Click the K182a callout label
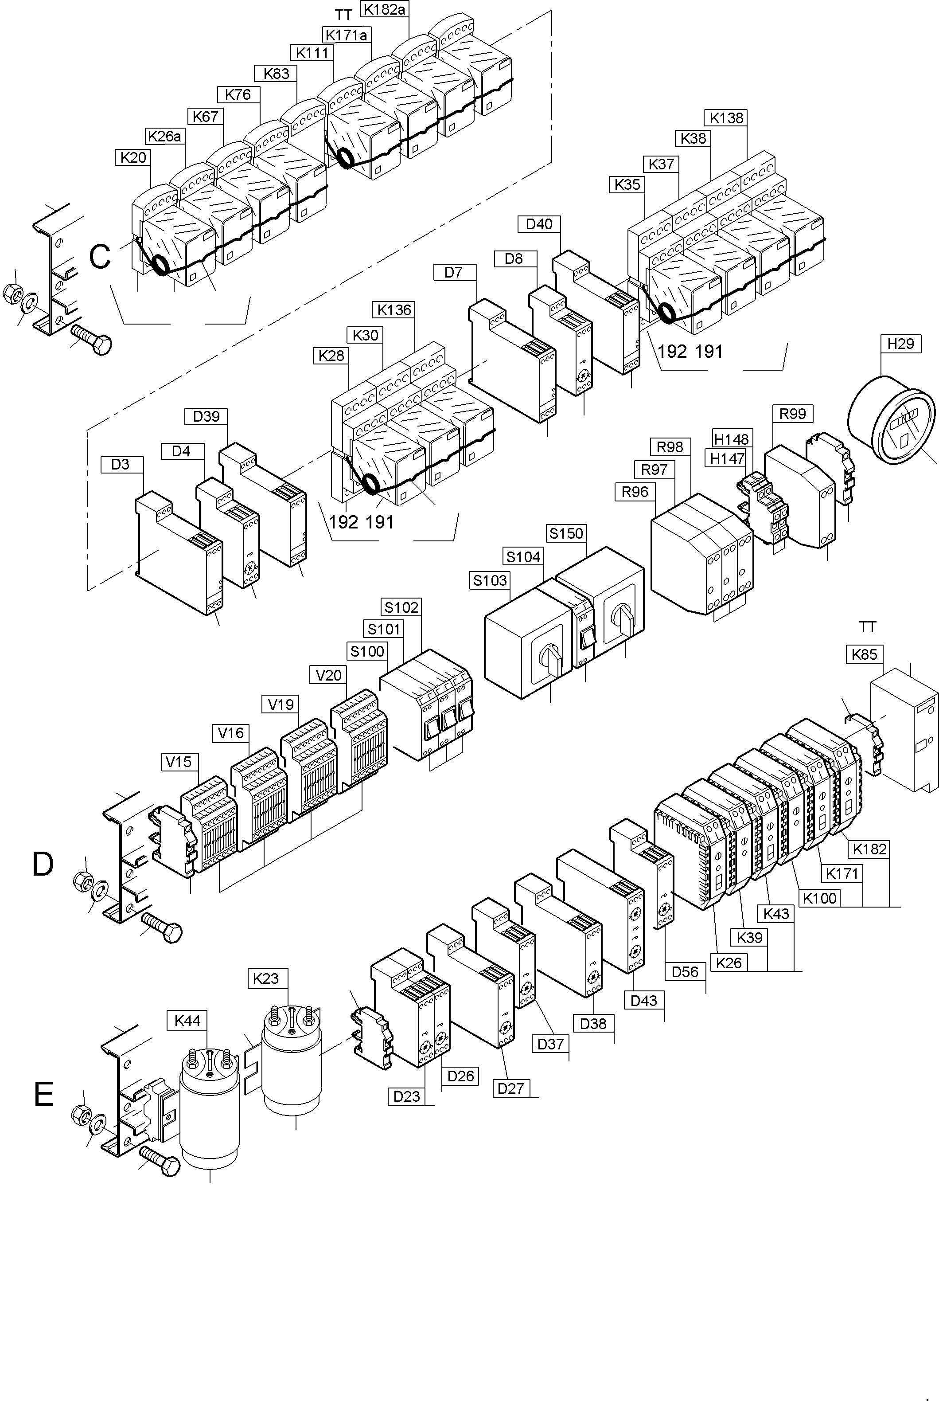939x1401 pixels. click(385, 10)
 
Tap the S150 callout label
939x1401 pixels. click(566, 533)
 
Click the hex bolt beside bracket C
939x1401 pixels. click(93, 340)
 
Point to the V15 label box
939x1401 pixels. click(179, 762)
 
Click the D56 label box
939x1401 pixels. click(685, 971)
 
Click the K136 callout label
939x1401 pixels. click(395, 309)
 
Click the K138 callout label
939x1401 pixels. click(726, 118)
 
